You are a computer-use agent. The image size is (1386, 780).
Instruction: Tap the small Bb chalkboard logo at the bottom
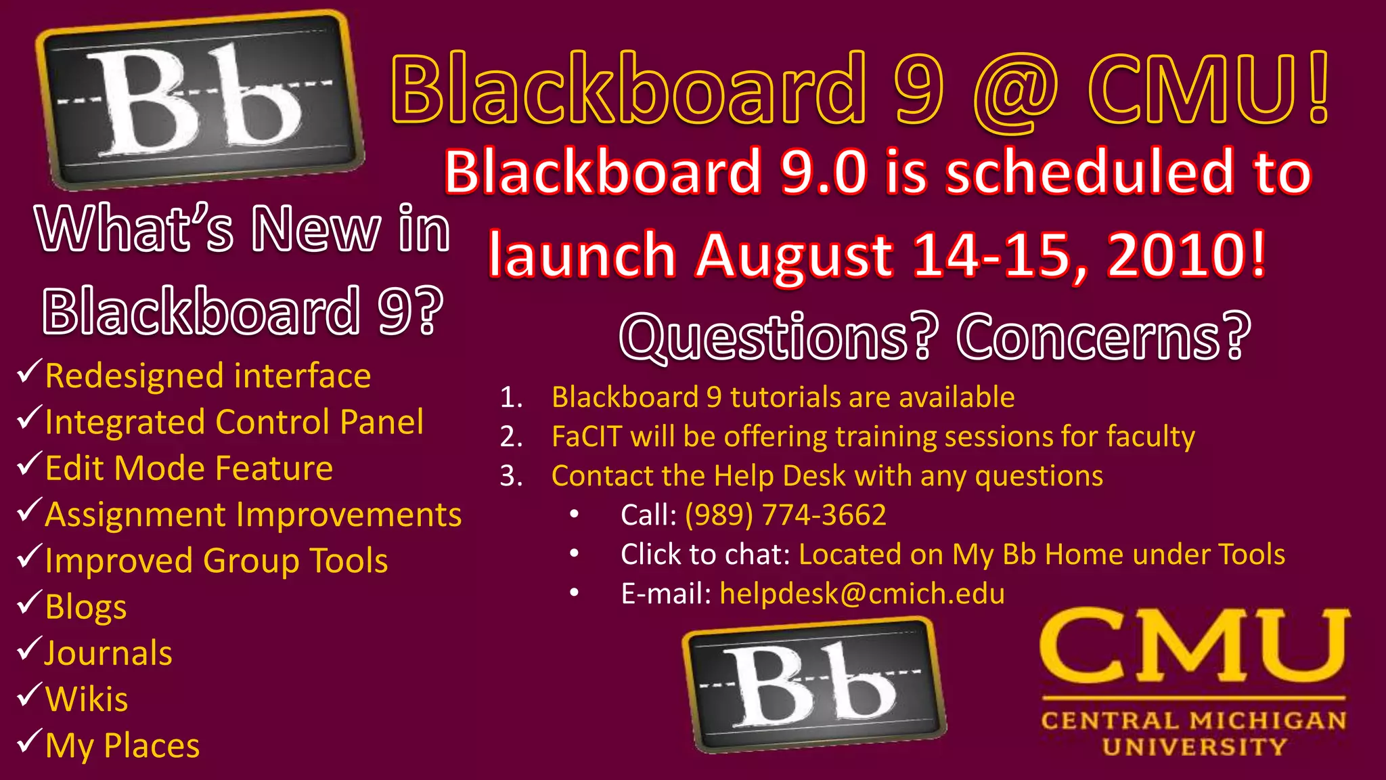click(814, 684)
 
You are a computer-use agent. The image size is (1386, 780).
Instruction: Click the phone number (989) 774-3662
click(785, 515)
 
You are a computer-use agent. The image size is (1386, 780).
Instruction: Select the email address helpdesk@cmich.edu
click(862, 594)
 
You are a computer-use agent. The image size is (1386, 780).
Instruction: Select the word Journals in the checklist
click(108, 653)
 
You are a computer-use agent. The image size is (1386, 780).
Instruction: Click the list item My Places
click(122, 746)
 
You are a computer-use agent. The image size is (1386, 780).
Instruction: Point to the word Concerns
click(1103, 337)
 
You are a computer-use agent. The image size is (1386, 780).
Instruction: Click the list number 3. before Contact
click(511, 476)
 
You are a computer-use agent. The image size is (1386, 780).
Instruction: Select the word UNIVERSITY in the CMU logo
click(1194, 747)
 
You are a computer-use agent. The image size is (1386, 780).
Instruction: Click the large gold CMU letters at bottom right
click(1194, 647)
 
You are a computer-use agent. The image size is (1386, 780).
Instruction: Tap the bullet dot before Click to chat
click(574, 554)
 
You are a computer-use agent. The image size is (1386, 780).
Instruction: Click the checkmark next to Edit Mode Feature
click(30, 464)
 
